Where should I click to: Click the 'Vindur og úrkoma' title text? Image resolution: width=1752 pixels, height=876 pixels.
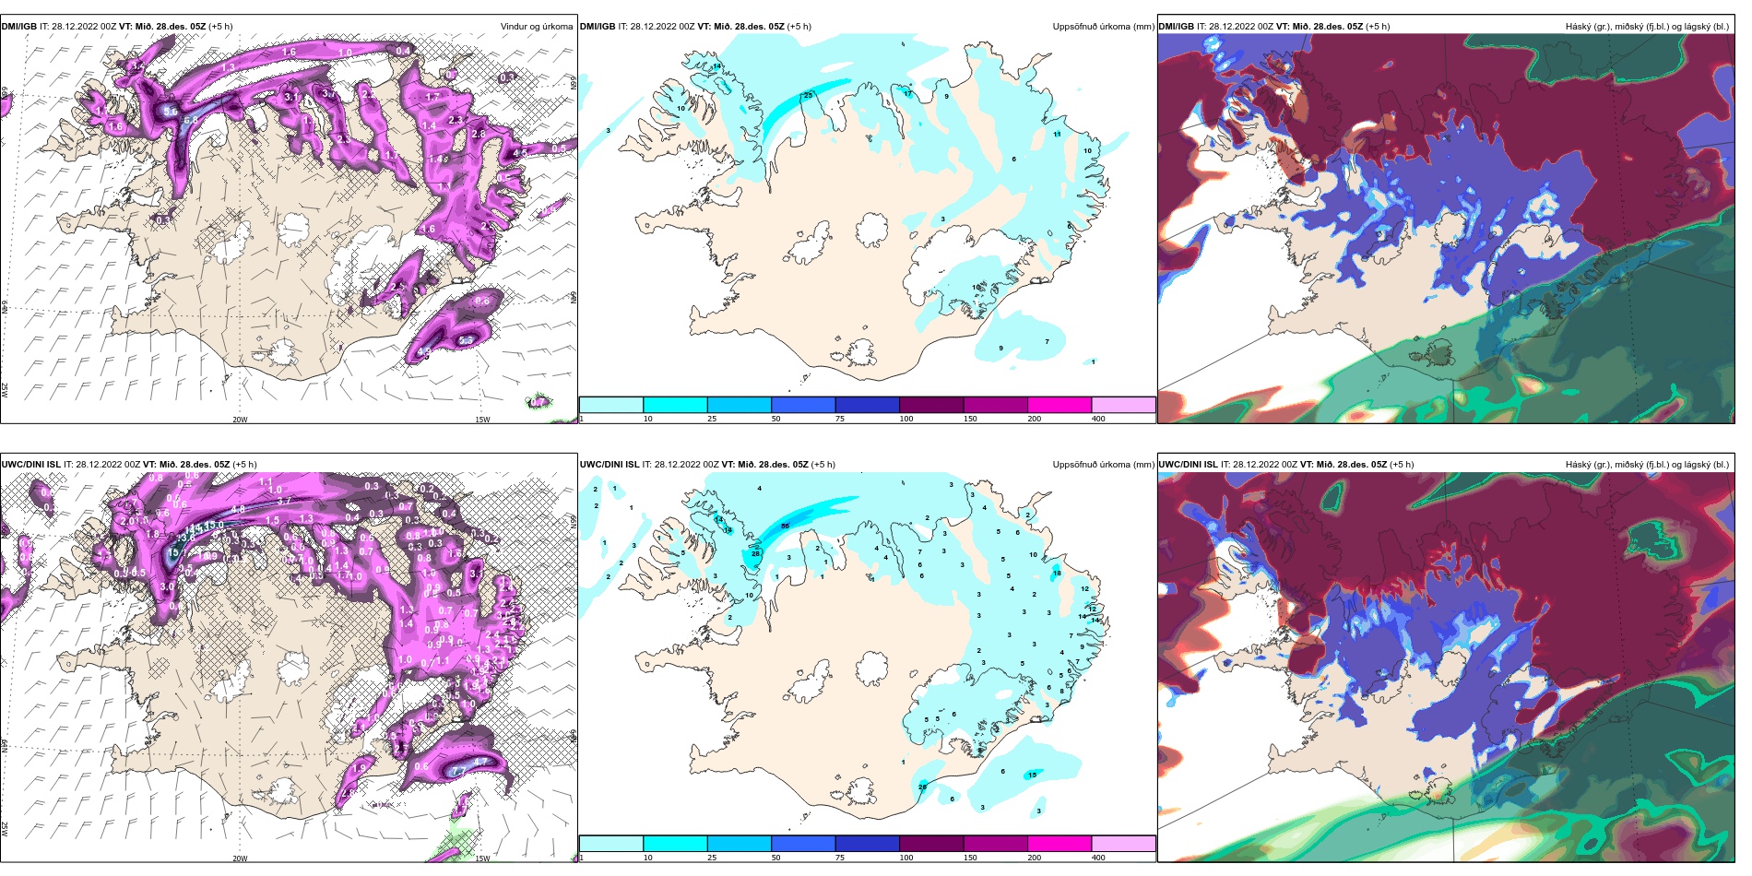[x=536, y=27]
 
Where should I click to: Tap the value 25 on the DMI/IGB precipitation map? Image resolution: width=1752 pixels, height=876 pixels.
[x=808, y=95]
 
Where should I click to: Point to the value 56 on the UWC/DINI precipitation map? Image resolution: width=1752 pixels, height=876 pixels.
[x=785, y=526]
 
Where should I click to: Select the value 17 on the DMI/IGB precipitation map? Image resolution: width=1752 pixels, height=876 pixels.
[x=907, y=93]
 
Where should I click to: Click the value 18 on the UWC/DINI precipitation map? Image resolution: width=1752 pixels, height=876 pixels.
[x=1057, y=573]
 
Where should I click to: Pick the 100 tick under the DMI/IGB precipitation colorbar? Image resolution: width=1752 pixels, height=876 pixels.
[x=906, y=419]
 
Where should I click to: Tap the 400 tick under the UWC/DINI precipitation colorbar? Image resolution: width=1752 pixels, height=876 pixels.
[x=1098, y=858]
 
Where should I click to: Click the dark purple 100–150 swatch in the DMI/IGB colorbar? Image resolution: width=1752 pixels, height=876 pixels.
[x=930, y=405]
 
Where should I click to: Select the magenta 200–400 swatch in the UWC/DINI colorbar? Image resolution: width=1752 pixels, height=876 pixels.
[x=1059, y=844]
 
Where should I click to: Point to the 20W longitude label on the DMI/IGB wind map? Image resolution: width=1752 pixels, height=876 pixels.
[x=240, y=419]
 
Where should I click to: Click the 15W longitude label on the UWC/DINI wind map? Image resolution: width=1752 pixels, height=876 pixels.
[x=482, y=858]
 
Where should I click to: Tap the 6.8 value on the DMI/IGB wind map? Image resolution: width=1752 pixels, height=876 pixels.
[x=191, y=120]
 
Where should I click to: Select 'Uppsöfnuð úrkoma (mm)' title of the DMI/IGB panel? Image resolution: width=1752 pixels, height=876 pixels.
[x=1103, y=27]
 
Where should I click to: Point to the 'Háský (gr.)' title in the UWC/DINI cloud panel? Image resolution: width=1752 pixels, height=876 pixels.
[x=1591, y=465]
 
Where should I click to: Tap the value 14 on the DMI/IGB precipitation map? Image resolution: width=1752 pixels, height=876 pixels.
[x=716, y=66]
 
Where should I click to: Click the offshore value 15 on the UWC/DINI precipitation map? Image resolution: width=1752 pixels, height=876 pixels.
[x=1032, y=775]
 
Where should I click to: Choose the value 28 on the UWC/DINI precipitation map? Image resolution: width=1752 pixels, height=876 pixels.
[x=755, y=553]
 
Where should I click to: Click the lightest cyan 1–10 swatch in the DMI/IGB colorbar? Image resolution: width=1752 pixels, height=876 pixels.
[x=610, y=405]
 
